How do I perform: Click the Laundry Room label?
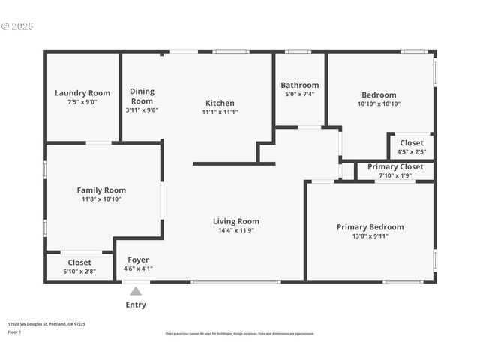(82, 93)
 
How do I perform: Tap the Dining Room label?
(142, 96)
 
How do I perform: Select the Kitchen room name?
(220, 103)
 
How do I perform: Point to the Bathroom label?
(299, 85)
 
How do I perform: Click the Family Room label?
(101, 190)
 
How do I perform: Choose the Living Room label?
(236, 221)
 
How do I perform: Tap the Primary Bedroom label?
(370, 226)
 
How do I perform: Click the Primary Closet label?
(395, 166)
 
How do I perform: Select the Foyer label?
(138, 259)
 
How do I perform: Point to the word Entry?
(136, 304)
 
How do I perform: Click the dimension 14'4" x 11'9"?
(236, 230)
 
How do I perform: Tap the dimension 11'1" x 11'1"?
(220, 112)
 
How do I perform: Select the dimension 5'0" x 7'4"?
(299, 94)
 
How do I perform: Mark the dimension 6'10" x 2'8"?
(79, 271)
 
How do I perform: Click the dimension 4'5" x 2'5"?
(411, 151)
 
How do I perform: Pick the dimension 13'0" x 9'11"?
(370, 235)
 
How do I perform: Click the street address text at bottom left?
(46, 324)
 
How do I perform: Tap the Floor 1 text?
(14, 331)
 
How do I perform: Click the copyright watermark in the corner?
(17, 25)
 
